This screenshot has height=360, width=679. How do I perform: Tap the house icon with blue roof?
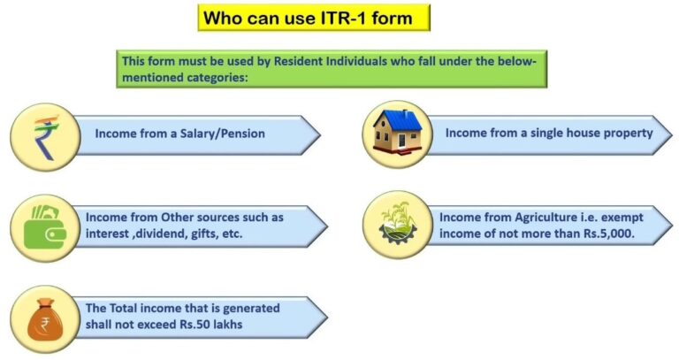[x=397, y=134]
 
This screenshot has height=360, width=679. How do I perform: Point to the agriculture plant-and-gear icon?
[x=397, y=224]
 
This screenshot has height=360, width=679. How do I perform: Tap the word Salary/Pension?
[x=222, y=134]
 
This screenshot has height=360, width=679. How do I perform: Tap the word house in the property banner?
[x=582, y=133]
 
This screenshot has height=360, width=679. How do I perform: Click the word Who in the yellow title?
[x=222, y=17]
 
